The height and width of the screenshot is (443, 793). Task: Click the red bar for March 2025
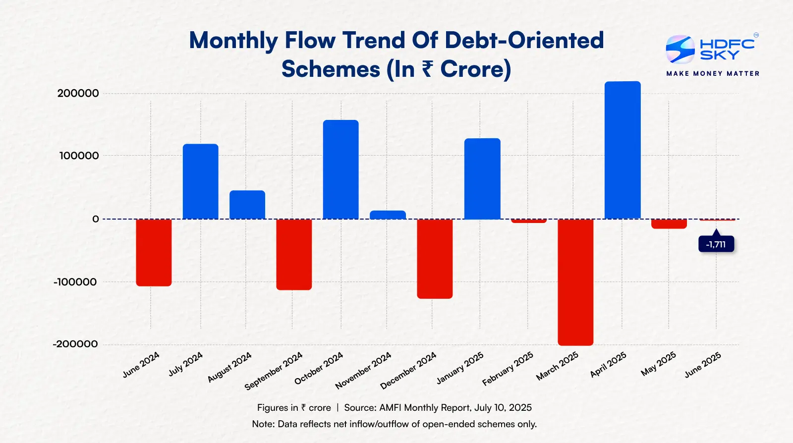tap(575, 282)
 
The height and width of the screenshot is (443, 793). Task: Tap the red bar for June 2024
tap(154, 252)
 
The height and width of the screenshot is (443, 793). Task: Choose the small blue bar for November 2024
tap(388, 215)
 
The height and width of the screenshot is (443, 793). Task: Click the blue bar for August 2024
tap(247, 205)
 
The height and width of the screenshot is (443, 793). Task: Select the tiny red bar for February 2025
tap(528, 221)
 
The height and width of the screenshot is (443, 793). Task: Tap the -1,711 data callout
tap(716, 244)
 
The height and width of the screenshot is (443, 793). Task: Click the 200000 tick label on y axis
tap(78, 93)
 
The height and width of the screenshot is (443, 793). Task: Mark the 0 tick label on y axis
tap(95, 219)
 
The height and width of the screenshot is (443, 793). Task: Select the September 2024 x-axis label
tap(274, 371)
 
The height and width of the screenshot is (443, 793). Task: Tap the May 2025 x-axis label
tap(658, 364)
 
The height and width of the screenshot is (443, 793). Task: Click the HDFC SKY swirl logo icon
tap(680, 49)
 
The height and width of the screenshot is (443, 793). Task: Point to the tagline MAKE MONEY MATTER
tap(713, 73)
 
